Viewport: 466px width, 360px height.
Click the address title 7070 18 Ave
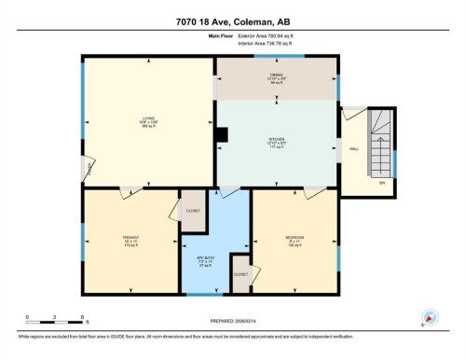point(232,20)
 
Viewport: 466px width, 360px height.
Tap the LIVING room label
point(148,121)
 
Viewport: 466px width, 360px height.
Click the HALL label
point(354,148)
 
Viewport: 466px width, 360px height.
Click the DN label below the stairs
point(381,183)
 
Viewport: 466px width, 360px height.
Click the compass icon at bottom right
point(429,317)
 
